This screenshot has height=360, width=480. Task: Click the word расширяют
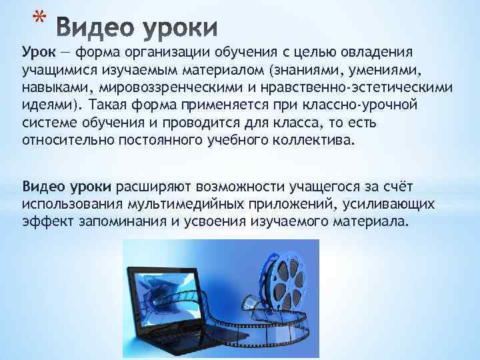(x=152, y=185)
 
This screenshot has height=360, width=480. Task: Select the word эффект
(x=44, y=219)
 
